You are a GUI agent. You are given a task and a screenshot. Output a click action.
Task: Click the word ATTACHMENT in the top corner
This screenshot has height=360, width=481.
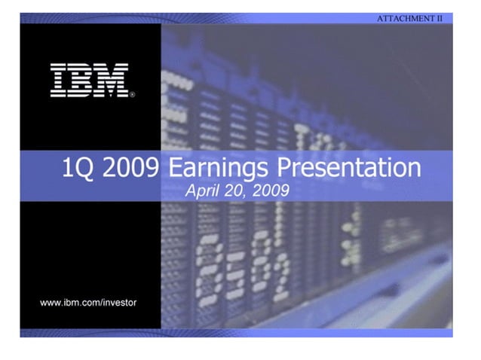[x=404, y=17]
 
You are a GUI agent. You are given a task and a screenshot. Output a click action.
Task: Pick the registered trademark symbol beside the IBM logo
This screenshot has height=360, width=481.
[x=133, y=96]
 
